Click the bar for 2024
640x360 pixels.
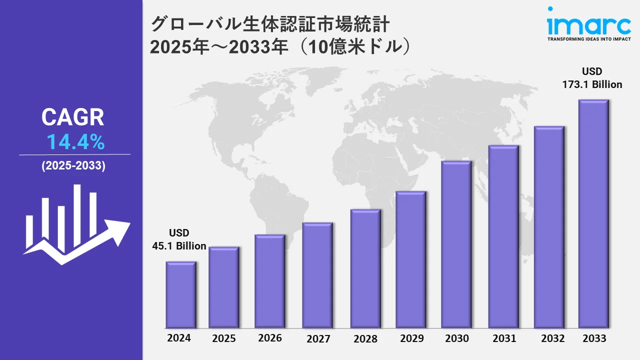click(181, 294)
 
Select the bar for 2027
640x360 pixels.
click(317, 275)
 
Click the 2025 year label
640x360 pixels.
click(224, 338)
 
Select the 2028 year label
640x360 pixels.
click(365, 338)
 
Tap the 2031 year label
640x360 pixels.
click(504, 338)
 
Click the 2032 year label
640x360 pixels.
click(553, 338)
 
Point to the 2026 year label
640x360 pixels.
click(270, 338)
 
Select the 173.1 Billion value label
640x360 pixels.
click(592, 84)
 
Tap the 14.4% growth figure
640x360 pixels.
click(75, 143)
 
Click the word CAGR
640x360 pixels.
click(73, 117)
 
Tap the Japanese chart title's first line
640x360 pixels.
click(270, 24)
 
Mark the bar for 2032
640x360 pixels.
click(549, 227)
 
